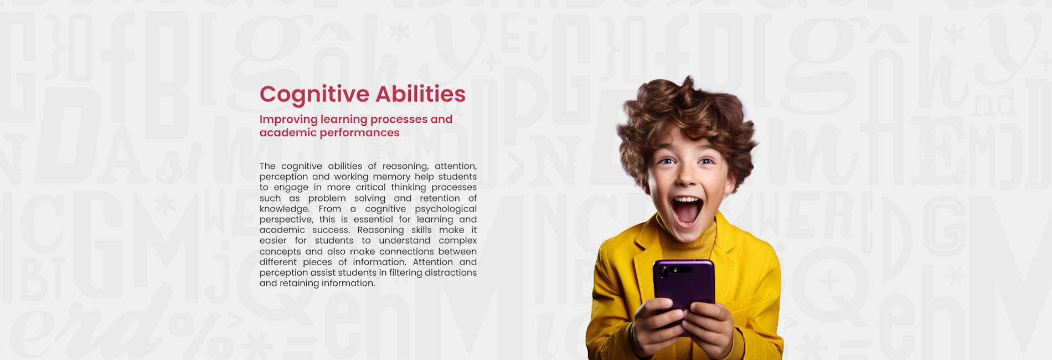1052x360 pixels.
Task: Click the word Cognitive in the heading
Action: point(314,95)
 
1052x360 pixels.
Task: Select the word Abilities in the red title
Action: point(421,94)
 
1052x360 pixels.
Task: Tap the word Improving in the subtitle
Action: point(288,120)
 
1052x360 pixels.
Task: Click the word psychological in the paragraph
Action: point(446,209)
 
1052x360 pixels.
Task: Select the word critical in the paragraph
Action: point(370,187)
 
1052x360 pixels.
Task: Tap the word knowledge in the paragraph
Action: point(285,209)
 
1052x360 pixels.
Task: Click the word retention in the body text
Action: point(440,198)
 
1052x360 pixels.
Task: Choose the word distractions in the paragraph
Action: point(451,272)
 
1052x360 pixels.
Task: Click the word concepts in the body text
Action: point(280,252)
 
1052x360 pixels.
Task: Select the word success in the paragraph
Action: point(331,230)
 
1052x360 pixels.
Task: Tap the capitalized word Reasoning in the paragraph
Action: point(381,230)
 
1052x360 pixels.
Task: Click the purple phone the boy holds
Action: point(684,291)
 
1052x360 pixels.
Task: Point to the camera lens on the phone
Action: point(663,272)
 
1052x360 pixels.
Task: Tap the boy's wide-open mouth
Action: point(687,210)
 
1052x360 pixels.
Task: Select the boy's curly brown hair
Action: point(687,114)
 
